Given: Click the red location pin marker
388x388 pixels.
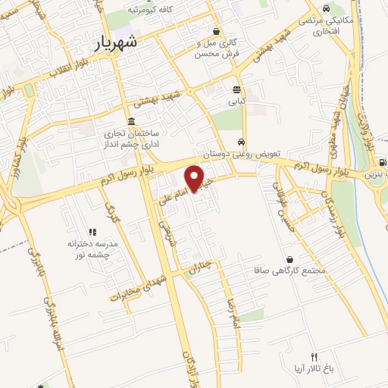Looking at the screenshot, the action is [195, 177].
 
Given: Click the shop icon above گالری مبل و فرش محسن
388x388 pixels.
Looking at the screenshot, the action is [217, 32].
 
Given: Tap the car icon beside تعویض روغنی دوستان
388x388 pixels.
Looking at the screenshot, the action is [241, 142].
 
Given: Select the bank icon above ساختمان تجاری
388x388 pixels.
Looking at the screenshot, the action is [132, 121].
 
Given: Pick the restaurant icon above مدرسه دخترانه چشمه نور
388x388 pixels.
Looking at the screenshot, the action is [92, 232].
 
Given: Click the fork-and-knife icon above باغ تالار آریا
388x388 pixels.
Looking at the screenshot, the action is [313, 357].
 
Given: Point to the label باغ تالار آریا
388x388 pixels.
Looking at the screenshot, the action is [313, 369].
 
